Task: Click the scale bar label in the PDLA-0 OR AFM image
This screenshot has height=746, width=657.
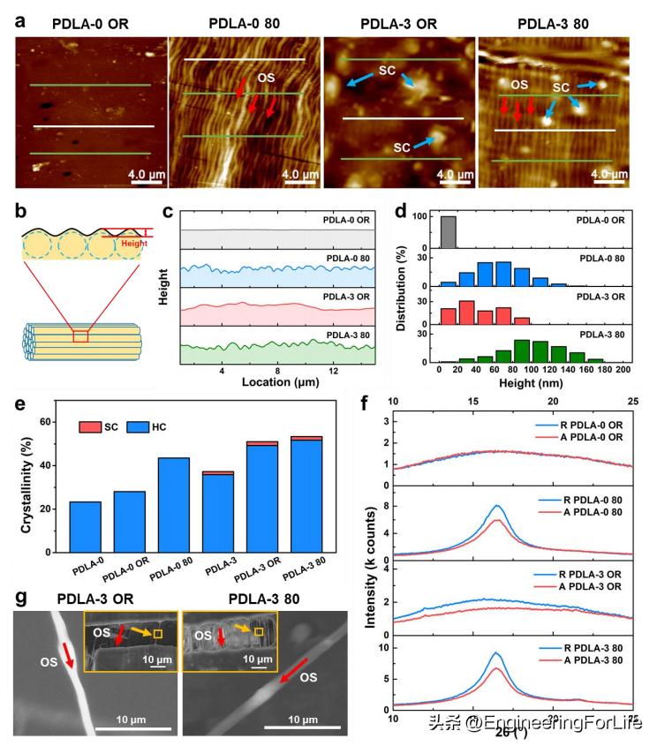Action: click(144, 174)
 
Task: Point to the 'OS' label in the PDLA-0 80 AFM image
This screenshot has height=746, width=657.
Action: click(265, 79)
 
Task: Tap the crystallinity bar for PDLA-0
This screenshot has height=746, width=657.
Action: click(79, 526)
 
